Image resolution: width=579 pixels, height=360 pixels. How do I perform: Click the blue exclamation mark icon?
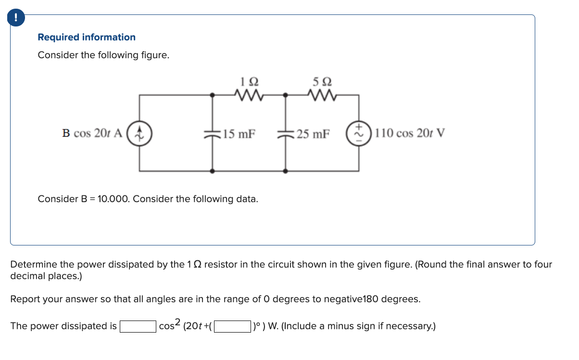(x=16, y=18)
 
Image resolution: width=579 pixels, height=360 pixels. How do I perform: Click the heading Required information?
(x=87, y=37)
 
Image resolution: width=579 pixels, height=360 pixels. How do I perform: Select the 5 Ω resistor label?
(x=322, y=81)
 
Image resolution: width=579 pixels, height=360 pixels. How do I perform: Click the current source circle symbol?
(x=139, y=133)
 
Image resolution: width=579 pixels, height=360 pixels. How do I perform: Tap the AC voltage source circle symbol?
(x=359, y=133)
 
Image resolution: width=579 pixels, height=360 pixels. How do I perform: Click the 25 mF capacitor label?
(x=313, y=134)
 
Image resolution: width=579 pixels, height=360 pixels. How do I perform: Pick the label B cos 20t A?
(x=92, y=133)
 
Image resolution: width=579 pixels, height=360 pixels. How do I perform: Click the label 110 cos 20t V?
(x=410, y=133)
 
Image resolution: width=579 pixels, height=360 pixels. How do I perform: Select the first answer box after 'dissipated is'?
(x=138, y=327)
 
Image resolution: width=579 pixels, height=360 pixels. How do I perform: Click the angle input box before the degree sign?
(x=231, y=327)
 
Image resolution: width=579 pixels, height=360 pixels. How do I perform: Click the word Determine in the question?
(x=34, y=264)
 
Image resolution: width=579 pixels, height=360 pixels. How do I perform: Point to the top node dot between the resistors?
(x=286, y=95)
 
